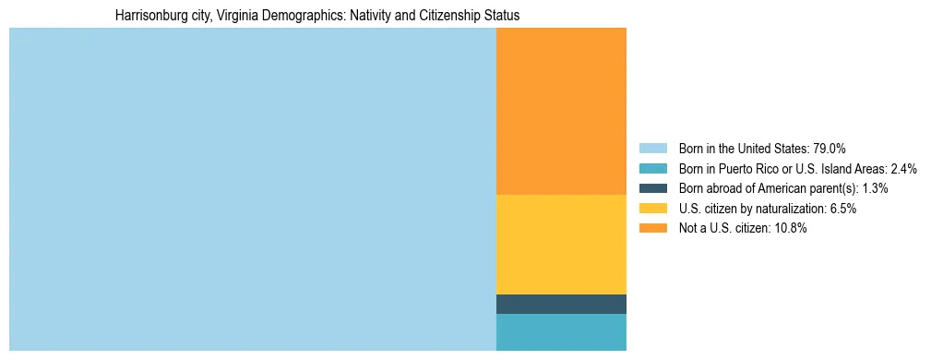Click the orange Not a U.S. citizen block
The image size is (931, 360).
[561, 111]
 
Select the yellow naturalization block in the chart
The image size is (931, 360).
[561, 245]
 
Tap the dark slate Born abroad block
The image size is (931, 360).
[561, 304]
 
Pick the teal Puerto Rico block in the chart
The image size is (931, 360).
[561, 332]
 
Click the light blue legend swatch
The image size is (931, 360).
[652, 149]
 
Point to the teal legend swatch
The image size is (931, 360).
[652, 169]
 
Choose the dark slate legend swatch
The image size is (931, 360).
[652, 188]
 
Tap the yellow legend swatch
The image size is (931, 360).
[652, 209]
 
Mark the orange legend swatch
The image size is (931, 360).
[652, 229]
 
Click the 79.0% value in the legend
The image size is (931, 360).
[829, 149]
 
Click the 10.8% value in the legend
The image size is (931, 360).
[789, 229]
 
